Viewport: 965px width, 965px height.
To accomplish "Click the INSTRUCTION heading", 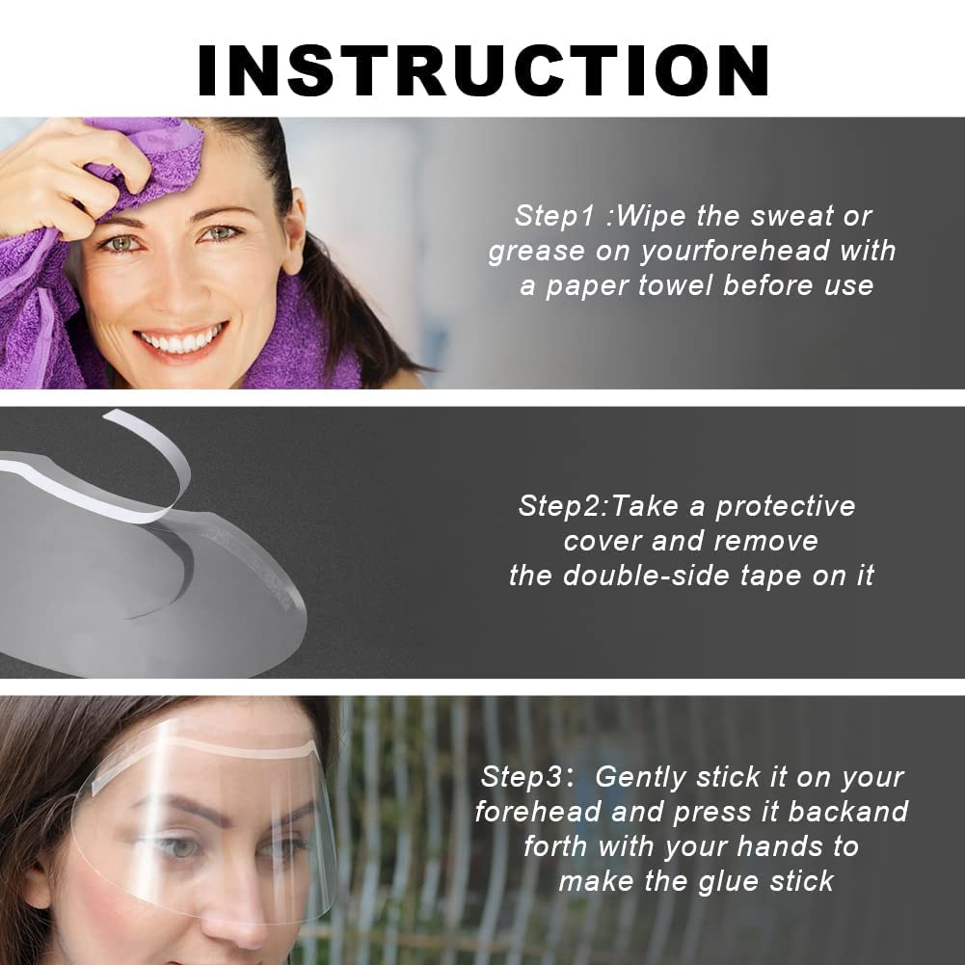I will click(x=483, y=68).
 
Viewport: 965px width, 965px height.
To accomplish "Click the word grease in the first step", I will click(x=536, y=252).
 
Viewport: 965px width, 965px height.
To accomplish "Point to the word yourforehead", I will click(x=734, y=251).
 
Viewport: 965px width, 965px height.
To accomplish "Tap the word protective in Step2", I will click(x=785, y=505).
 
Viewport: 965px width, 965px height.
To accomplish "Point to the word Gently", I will click(x=640, y=776).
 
